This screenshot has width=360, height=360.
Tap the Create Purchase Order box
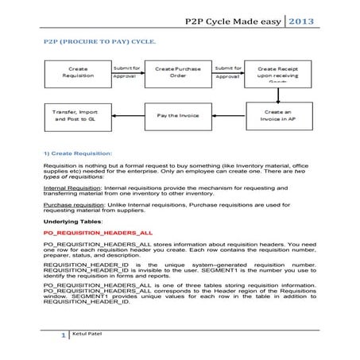coord(180,74)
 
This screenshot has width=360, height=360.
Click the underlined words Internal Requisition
coord(70,188)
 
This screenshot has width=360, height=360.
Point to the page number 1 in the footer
coord(63,337)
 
